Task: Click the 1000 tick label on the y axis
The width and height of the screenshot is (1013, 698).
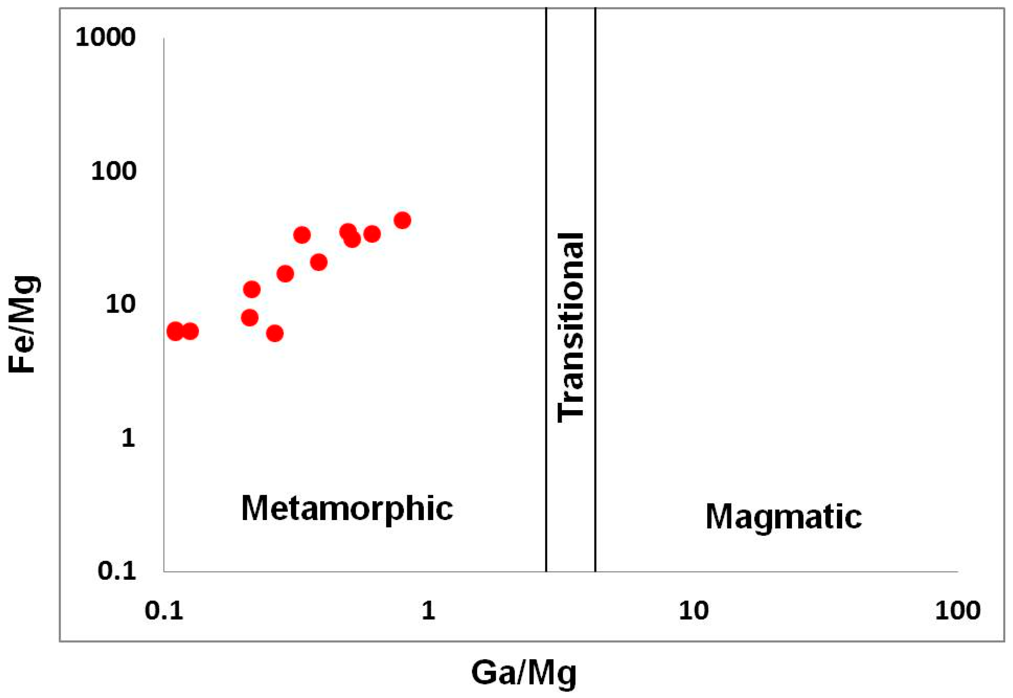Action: point(105,37)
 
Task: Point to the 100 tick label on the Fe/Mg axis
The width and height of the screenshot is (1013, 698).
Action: point(113,171)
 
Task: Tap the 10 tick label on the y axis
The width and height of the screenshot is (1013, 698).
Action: point(120,304)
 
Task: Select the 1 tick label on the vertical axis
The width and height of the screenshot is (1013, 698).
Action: point(128,437)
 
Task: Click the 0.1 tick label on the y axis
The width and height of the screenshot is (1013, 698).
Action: point(117,570)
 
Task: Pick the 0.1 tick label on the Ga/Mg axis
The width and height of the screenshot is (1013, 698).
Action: point(164,610)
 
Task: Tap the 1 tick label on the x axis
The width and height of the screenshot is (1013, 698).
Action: point(428,610)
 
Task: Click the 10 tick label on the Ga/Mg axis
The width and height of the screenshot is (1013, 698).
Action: point(693,610)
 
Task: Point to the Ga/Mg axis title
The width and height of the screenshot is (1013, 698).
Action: point(524,673)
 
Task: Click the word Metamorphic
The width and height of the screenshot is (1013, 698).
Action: point(347,509)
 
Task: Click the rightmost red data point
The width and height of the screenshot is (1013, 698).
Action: point(402,220)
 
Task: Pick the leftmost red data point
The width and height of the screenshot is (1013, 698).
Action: point(175,332)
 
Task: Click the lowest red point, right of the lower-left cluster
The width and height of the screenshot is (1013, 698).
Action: point(274,334)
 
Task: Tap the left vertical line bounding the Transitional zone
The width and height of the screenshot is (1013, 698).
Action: point(546,289)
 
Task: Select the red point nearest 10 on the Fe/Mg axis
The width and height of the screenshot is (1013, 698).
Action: point(250,318)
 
